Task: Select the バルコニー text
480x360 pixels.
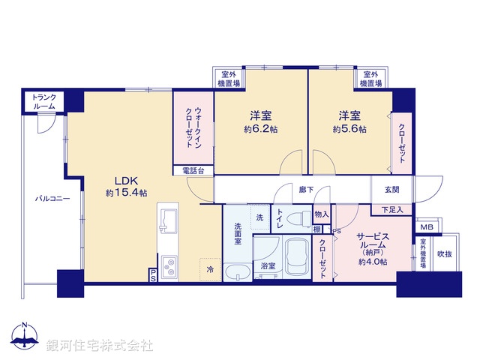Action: pos(52,199)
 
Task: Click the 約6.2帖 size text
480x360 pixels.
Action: pos(260,130)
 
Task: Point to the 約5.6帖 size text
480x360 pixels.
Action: pos(349,130)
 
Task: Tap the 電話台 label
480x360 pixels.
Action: pos(193,171)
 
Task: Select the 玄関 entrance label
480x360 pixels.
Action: pos(391,190)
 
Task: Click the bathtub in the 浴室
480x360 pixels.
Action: pos(295,256)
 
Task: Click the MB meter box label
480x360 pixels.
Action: pos(425,227)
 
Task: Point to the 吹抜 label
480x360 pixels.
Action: pos(445,254)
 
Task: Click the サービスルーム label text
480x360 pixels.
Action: pos(372,239)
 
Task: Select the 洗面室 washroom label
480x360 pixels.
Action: pos(237,233)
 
